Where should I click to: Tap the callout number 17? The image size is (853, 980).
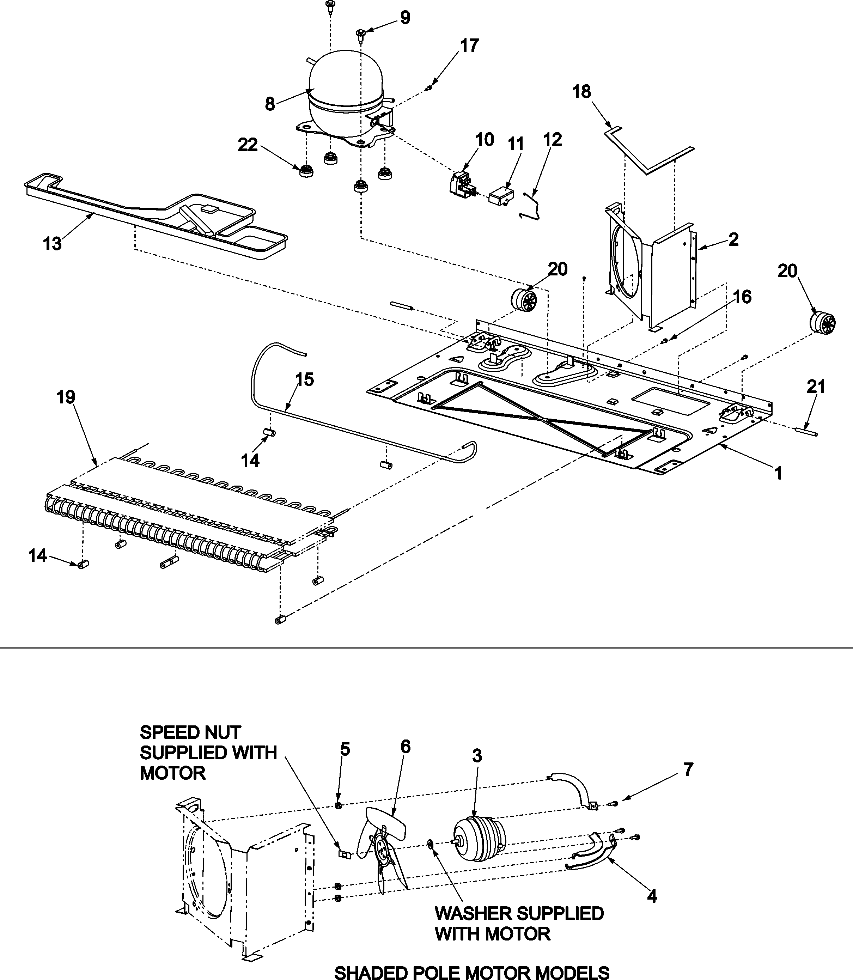point(469,46)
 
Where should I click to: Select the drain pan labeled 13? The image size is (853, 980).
point(157,217)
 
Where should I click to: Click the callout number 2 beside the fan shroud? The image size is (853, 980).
point(733,239)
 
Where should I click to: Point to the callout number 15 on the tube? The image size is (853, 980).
point(305,379)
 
